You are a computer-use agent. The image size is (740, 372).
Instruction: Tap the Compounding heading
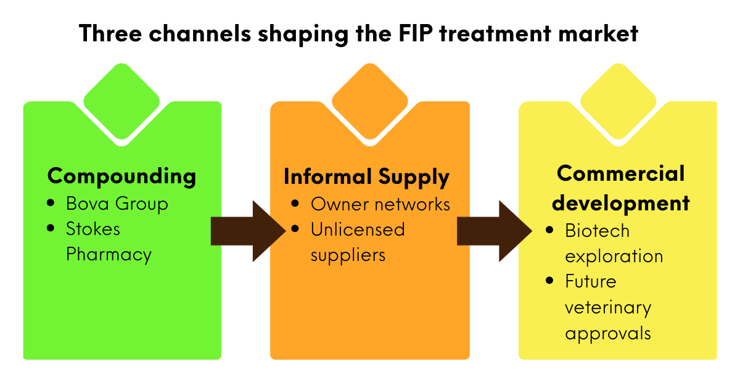121,176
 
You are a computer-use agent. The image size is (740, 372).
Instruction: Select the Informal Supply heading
366,177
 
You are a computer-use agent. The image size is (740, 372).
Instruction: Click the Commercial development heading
620,188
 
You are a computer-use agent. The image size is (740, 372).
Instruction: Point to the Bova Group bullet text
117,204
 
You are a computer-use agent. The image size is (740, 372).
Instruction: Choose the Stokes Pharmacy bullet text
109,241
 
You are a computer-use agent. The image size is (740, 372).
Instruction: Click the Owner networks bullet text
380,204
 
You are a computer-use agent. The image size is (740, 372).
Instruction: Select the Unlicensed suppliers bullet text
357,242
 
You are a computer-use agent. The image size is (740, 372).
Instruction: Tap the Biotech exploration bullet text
614,243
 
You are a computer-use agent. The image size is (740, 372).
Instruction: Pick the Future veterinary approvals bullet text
607,307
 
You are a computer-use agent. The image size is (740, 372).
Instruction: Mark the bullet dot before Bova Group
51,203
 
